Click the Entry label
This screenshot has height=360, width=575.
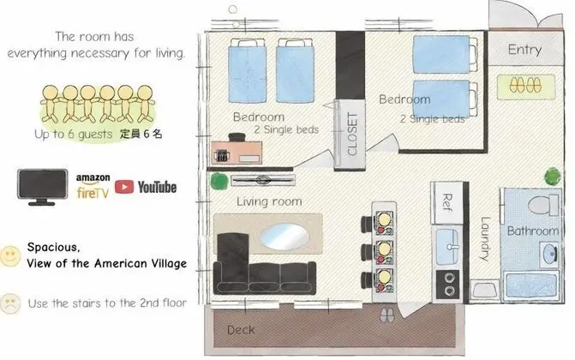524,49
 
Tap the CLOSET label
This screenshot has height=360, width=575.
351,134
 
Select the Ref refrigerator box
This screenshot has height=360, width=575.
446,202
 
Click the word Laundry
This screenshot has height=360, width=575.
485,239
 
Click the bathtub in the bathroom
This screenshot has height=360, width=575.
530,286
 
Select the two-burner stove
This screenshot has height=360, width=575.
449,285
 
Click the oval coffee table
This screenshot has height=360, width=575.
285,237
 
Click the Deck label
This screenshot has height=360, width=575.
241,329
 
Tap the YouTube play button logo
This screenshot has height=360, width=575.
124,187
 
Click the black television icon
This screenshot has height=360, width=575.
43,186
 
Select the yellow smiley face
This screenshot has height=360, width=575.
10,255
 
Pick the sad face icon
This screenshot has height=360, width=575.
10,303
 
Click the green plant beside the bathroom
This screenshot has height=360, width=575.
552,177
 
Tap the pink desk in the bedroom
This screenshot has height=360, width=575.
237,153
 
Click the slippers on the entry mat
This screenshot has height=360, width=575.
525,86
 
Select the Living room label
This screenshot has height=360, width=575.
269,201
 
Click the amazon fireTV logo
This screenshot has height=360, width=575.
93,186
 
